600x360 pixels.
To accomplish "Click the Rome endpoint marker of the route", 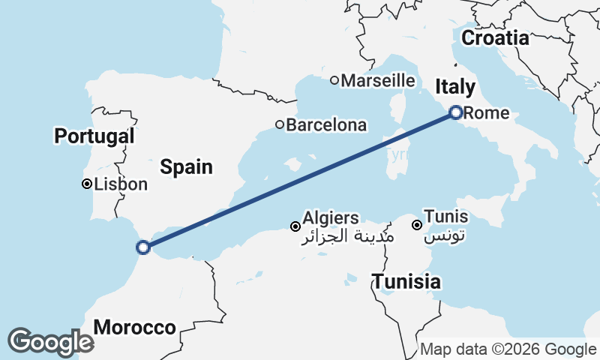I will [x=455, y=112].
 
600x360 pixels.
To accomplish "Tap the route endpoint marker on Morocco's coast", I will [x=142, y=247].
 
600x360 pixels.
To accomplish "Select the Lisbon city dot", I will [x=87, y=184].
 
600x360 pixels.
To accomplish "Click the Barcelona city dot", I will [x=279, y=124].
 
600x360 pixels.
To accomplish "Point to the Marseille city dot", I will [x=334, y=80].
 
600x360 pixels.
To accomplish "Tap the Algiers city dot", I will [x=296, y=226].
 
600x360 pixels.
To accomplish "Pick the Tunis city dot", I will [x=417, y=224].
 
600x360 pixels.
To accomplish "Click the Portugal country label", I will [x=94, y=136].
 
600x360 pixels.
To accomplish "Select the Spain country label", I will [x=187, y=166].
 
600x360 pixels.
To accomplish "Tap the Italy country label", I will [x=455, y=87].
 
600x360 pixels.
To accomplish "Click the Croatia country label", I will [x=500, y=37].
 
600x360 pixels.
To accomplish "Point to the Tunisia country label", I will [x=406, y=282].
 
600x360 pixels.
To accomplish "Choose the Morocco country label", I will [x=135, y=328].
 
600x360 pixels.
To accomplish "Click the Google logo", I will [x=50, y=342].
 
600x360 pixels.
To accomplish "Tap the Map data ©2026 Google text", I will [x=508, y=349].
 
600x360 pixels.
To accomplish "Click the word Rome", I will [x=487, y=114].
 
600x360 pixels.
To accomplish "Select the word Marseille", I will [x=378, y=80].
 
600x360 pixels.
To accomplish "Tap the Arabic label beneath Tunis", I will [x=445, y=237].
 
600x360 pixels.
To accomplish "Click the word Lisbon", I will [x=121, y=184].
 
